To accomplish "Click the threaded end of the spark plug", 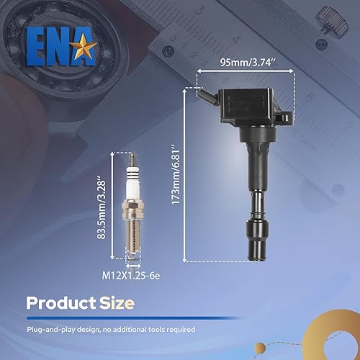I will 133,246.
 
